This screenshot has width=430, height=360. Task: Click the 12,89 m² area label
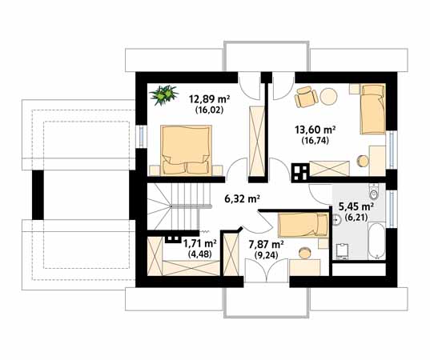(209, 100)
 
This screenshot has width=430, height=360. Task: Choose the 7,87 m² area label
(266, 244)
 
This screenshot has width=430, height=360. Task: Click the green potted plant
(166, 95)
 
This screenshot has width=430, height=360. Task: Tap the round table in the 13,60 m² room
(329, 98)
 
